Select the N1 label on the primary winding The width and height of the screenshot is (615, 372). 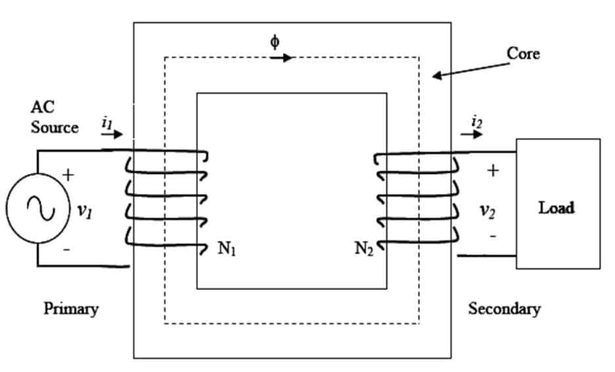pos(227,250)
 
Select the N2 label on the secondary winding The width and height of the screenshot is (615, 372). pos(364,250)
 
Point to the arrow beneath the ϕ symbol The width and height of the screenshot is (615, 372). pos(281,58)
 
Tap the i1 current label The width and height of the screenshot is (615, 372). pos(108,121)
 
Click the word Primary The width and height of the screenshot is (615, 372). pos(71,308)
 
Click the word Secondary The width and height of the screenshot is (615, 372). pos(504,308)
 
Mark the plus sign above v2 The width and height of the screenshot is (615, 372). pos(493,171)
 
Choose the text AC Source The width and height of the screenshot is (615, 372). pos(54,117)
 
